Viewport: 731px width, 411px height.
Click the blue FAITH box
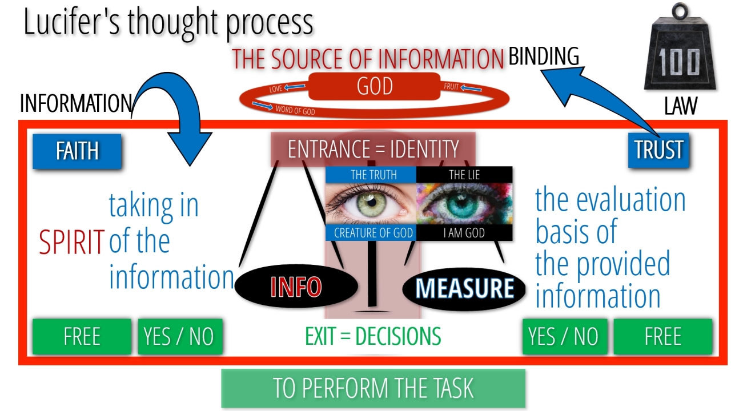pos(77,151)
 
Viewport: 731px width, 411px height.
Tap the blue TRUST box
pos(658,150)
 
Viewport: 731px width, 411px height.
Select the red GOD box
pos(374,86)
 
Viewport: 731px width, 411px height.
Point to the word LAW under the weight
pos(681,106)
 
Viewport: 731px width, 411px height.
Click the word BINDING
pos(544,56)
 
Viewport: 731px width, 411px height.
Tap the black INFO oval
pos(296,287)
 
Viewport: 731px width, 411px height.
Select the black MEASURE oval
pos(464,288)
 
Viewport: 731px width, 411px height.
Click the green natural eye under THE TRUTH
pos(371,204)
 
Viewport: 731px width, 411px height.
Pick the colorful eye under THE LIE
pos(464,204)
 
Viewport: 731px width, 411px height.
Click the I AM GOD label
pos(464,233)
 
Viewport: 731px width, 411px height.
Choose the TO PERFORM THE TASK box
pos(373,388)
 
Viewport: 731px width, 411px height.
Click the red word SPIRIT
pos(72,242)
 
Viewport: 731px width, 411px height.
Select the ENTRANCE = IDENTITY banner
pos(373,150)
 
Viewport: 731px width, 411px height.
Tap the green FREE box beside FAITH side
pos(82,337)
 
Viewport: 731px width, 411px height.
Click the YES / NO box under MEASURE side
pos(565,337)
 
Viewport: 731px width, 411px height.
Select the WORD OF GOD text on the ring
pos(295,110)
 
